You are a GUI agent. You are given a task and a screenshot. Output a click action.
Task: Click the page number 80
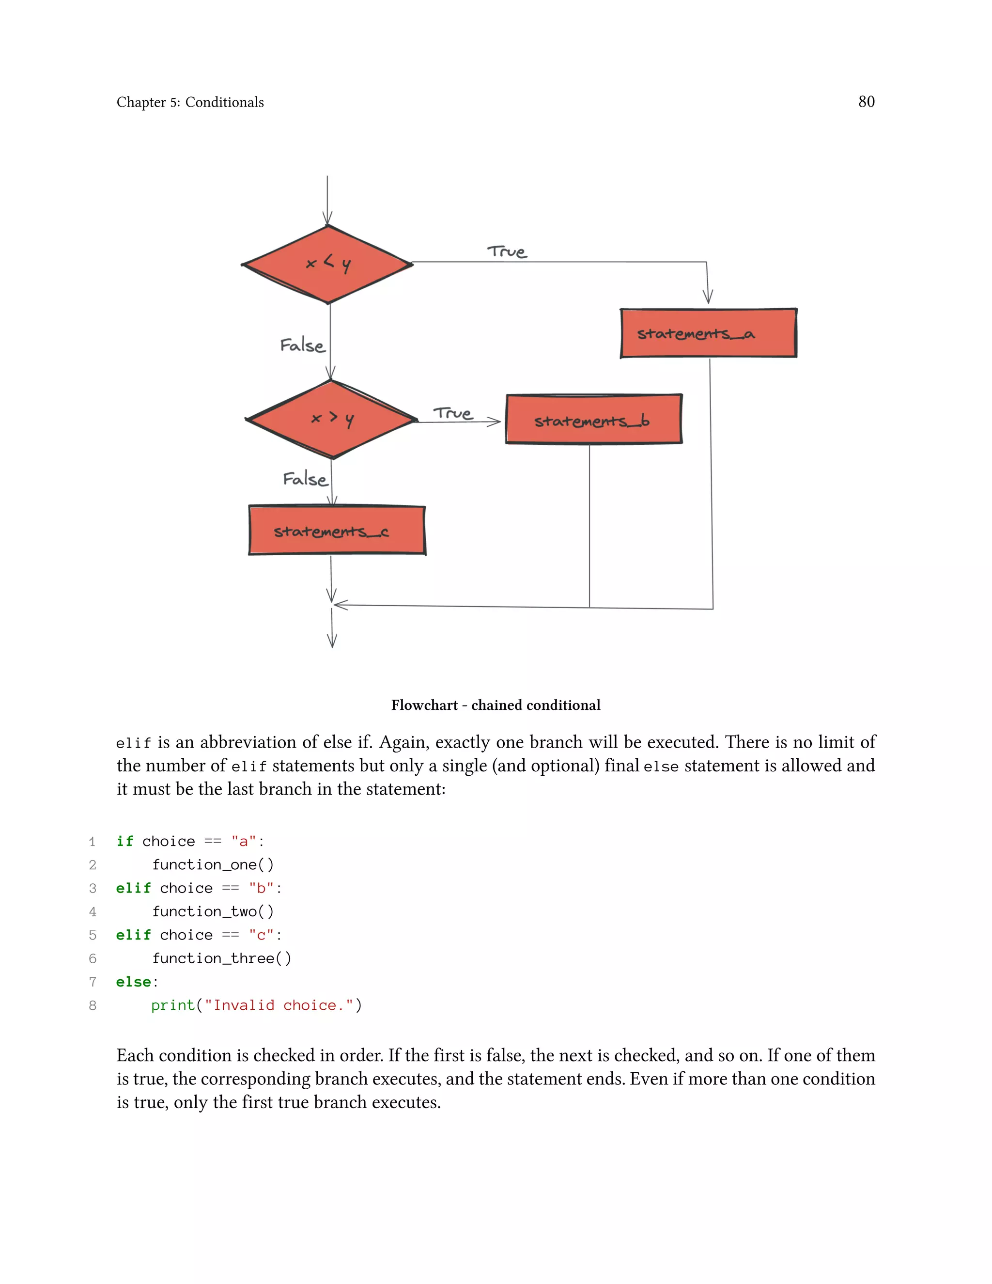point(866,102)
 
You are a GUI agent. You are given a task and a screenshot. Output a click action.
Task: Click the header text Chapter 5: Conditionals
point(190,102)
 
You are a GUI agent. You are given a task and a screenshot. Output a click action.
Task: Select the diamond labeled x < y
point(328,265)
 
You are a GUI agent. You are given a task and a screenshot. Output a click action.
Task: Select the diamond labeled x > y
point(332,419)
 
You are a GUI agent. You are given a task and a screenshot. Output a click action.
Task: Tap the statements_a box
point(708,333)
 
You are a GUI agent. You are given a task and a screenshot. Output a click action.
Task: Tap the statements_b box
point(593,420)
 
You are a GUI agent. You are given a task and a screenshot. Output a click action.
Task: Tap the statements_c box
point(336,531)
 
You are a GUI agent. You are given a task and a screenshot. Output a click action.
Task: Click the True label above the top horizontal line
point(507,251)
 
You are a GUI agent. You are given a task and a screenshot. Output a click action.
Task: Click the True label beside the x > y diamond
point(452,413)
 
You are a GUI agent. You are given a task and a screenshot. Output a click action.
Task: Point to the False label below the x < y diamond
point(302,345)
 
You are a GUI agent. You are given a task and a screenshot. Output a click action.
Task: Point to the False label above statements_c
point(304,479)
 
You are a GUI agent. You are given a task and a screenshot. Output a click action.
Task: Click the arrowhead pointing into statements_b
point(494,422)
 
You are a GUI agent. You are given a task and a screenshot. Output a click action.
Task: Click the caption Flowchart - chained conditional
point(496,705)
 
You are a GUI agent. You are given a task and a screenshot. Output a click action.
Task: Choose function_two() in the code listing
point(213,911)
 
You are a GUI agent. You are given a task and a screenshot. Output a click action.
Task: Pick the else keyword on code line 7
point(133,982)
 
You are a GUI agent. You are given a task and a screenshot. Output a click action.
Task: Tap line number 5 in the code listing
point(92,935)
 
